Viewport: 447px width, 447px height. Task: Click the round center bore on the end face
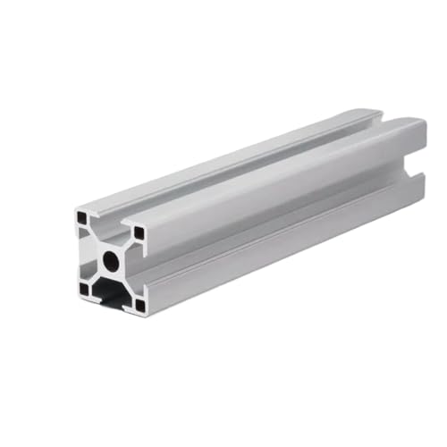(110, 261)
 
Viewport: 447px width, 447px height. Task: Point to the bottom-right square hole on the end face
(139, 305)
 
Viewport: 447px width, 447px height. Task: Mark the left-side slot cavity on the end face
(82, 253)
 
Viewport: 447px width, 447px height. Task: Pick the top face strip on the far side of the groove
(232, 152)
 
